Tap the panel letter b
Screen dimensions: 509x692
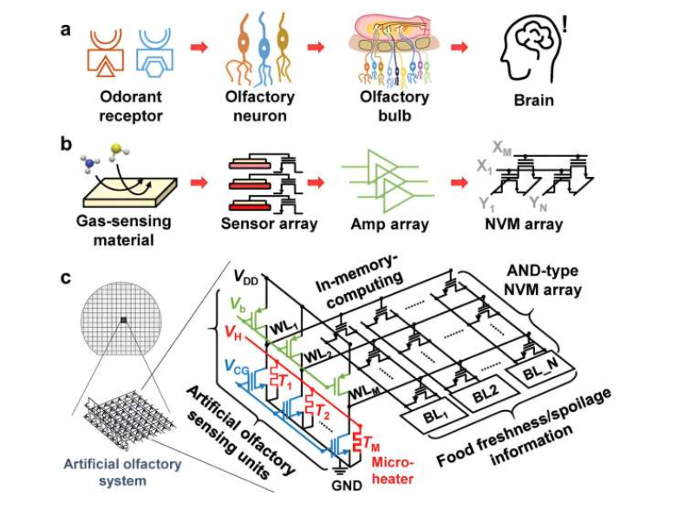pyautogui.click(x=64, y=142)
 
